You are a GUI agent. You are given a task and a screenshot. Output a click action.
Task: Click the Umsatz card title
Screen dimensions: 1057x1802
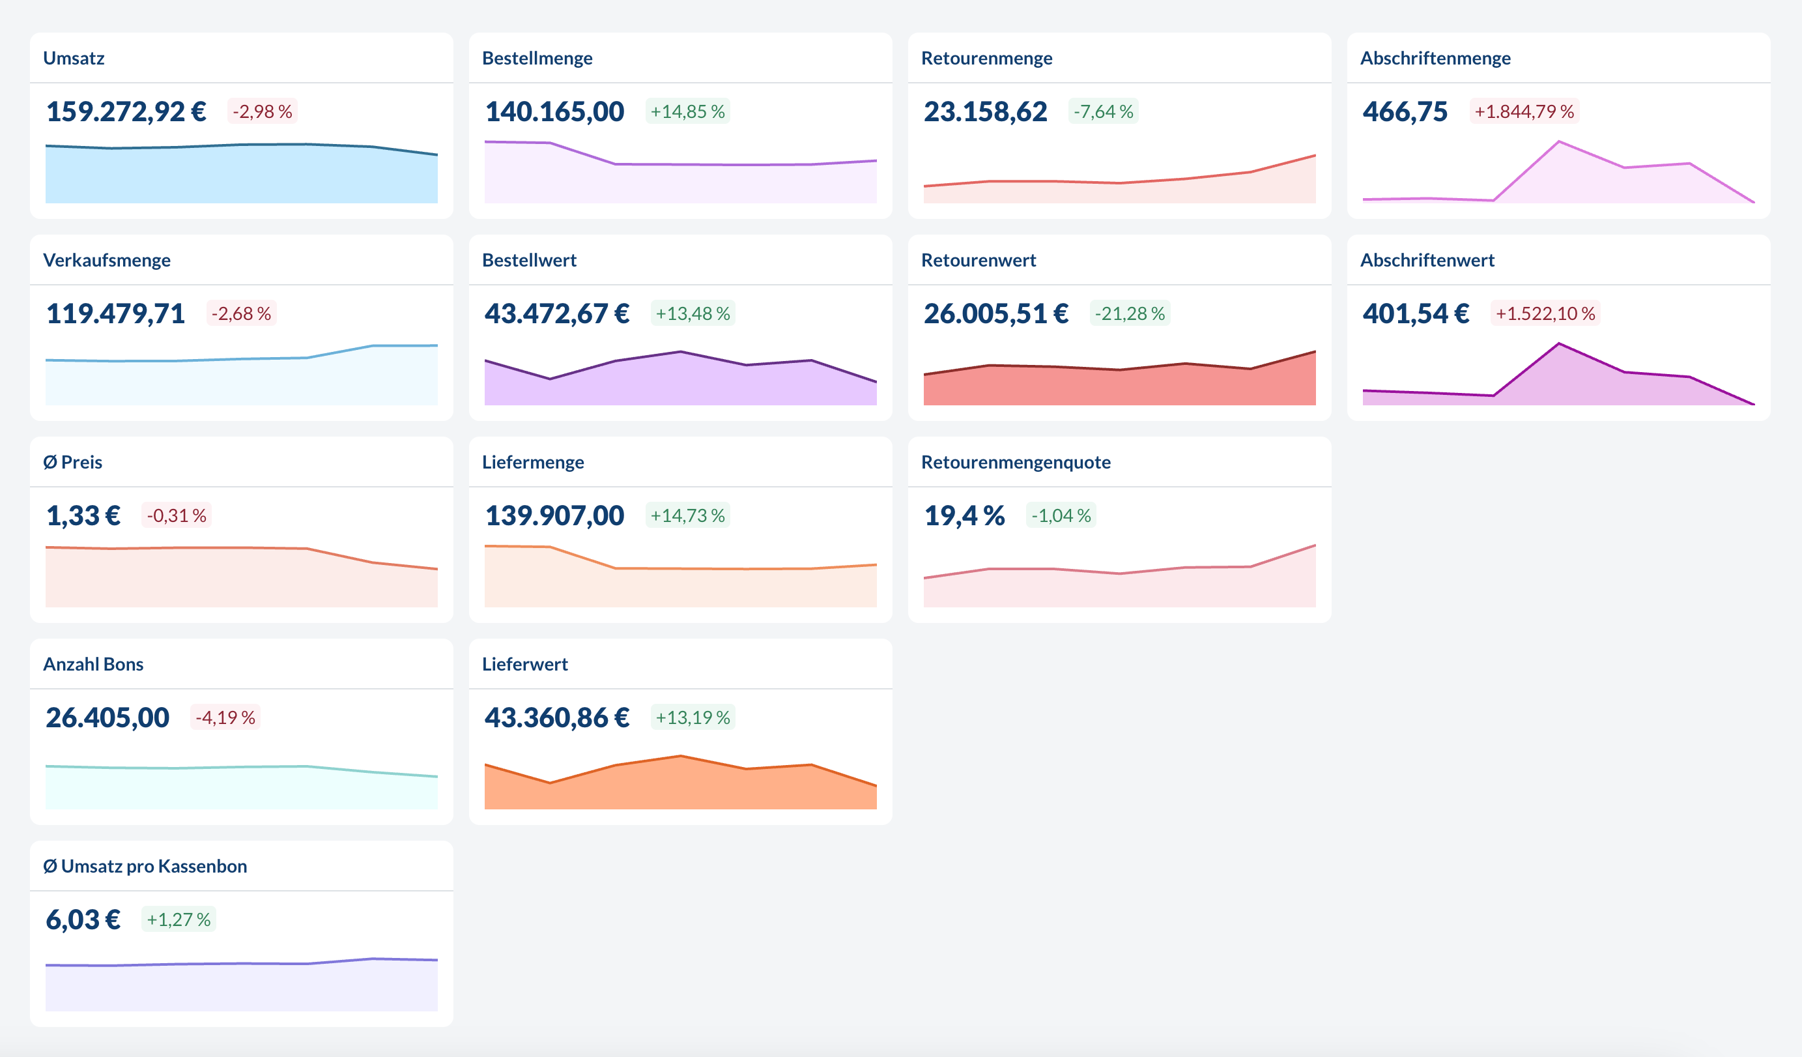74,58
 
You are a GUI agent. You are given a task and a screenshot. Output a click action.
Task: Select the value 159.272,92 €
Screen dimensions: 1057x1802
126,111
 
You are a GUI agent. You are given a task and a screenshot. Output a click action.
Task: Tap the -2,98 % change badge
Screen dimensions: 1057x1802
263,111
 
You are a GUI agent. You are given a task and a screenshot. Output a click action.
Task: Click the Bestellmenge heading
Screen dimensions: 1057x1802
537,58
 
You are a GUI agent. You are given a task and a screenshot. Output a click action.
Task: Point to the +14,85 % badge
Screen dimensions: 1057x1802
687,111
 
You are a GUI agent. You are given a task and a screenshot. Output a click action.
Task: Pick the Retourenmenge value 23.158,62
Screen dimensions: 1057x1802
984,111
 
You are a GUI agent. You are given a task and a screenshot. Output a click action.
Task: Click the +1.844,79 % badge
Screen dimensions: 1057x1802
1524,111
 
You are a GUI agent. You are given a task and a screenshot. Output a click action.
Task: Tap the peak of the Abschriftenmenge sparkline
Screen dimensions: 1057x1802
1559,142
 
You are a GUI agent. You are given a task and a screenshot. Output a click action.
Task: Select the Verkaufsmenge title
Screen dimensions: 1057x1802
107,260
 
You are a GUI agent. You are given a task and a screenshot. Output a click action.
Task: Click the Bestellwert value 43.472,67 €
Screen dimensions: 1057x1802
557,314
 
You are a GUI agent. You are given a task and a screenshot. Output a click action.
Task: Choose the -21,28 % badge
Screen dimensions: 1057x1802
1130,314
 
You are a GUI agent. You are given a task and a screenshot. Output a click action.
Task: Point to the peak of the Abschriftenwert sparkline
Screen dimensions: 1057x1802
1559,345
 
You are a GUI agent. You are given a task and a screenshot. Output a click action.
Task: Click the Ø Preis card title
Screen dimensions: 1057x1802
72,462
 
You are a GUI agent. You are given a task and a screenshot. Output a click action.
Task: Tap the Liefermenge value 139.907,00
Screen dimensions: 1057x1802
554,515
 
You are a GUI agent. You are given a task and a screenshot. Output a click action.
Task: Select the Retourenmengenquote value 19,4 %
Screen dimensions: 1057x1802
964,515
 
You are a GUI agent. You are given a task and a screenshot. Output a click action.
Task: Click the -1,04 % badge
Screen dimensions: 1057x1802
1061,515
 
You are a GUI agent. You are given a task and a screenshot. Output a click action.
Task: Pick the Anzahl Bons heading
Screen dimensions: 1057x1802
93,665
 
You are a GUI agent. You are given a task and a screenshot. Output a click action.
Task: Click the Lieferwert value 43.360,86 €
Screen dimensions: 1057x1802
557,718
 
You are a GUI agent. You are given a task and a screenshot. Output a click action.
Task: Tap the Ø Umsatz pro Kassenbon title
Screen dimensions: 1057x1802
145,866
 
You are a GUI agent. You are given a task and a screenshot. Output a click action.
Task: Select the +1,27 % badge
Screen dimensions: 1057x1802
179,919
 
